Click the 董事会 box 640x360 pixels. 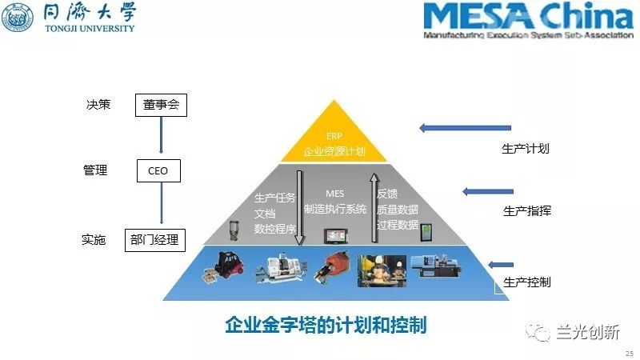tap(161, 105)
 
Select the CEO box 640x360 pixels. tap(158, 170)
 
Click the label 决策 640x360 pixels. tap(98, 105)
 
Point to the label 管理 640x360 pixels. tap(95, 170)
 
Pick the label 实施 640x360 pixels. tap(94, 239)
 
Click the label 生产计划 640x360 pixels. tap(525, 148)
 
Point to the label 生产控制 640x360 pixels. tap(526, 282)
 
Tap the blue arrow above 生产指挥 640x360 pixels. tap(487, 192)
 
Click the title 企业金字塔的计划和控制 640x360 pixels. tap(326, 326)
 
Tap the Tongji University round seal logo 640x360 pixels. tap(18, 18)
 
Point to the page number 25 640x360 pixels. tap(628, 353)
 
